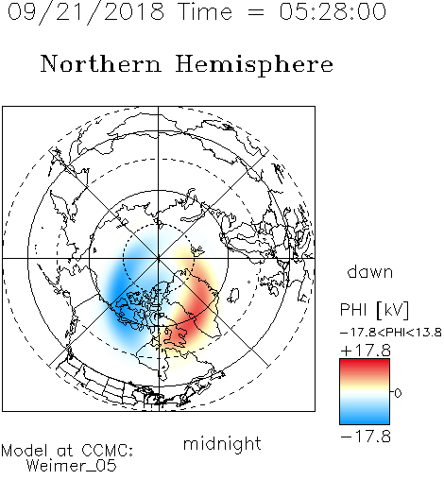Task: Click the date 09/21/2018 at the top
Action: [86, 12]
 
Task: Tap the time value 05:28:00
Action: [333, 11]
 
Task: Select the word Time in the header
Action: [205, 11]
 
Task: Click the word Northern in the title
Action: [101, 63]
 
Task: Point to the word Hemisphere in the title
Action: [254, 65]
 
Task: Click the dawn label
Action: [370, 272]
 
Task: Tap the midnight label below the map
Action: [222, 444]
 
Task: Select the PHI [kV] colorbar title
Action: [374, 310]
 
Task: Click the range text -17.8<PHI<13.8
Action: [391, 333]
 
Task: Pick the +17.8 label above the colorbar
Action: [366, 351]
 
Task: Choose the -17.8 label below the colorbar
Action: [366, 437]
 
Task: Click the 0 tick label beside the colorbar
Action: [398, 393]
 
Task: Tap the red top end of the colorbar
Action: [365, 362]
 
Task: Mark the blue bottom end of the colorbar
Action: [365, 421]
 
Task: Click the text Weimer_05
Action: [72, 466]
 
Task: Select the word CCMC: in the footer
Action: [107, 451]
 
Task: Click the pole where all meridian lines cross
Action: [159, 258]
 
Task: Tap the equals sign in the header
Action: [255, 12]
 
